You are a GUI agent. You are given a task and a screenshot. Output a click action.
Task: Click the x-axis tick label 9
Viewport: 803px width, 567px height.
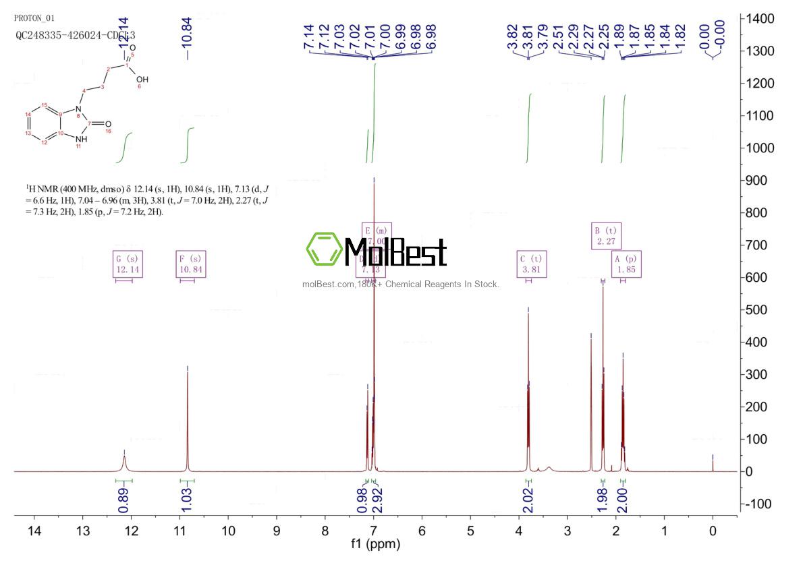tap(277, 531)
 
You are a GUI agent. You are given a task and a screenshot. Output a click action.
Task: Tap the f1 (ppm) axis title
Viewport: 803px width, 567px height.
tap(374, 543)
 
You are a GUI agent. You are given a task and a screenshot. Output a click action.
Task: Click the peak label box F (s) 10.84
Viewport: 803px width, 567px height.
tap(190, 264)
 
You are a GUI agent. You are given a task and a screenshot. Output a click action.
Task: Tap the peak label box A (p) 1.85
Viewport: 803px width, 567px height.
tap(626, 264)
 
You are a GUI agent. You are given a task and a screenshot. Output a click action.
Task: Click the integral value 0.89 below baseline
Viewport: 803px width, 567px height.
tap(123, 499)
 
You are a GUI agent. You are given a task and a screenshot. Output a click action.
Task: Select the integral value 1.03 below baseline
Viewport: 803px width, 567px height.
tap(187, 499)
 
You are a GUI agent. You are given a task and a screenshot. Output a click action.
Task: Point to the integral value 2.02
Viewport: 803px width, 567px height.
tap(528, 499)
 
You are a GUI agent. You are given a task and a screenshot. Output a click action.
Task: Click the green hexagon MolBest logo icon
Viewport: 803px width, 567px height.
tap(323, 249)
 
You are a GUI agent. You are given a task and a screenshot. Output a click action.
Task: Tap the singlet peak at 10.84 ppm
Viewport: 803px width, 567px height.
tap(187, 418)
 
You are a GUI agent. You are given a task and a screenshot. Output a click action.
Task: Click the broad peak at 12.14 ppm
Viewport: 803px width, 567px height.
tap(124, 462)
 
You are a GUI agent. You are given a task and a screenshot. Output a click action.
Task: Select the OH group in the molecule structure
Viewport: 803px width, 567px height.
tap(142, 80)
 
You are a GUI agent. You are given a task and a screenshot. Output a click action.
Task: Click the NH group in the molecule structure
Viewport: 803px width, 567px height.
tap(81, 140)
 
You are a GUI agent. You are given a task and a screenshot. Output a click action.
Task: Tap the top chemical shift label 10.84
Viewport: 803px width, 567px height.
tap(187, 30)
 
